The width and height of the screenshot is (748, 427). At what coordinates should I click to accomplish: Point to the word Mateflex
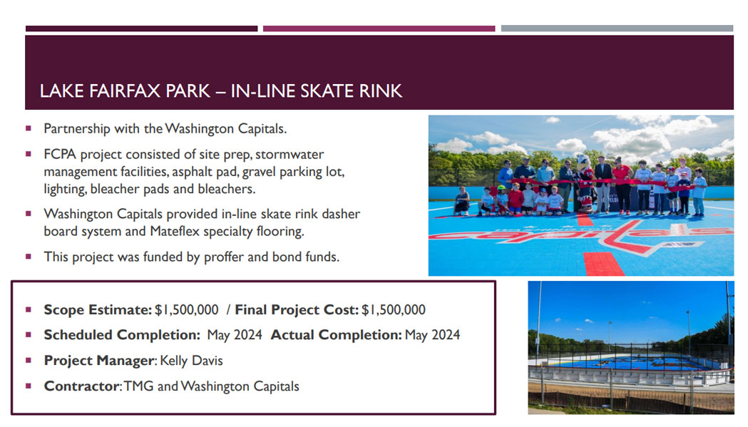click(175, 232)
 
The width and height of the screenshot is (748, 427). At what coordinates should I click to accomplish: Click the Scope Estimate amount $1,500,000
click(187, 309)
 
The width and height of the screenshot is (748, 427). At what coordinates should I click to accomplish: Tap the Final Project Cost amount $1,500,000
click(394, 309)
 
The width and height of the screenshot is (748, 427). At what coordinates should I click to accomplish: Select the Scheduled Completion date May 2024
click(235, 335)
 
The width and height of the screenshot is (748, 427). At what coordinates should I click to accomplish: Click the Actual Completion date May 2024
click(432, 335)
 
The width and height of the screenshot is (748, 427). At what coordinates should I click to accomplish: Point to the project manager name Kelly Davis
click(191, 361)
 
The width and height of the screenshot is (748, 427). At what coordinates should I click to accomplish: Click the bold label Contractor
click(81, 386)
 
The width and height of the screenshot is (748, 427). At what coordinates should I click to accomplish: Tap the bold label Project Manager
click(100, 361)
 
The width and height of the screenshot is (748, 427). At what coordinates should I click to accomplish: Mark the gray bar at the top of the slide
click(617, 29)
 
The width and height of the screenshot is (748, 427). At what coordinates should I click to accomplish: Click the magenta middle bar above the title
click(379, 29)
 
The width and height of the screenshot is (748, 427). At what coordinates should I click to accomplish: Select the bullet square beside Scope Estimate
click(29, 309)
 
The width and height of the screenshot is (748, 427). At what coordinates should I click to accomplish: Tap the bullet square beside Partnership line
click(29, 128)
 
